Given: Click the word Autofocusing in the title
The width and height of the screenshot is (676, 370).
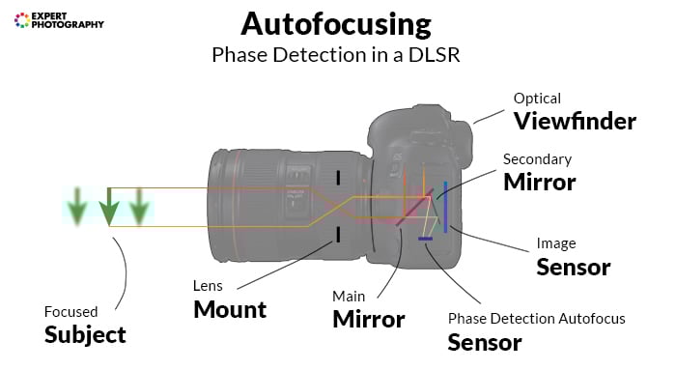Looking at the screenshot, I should (x=337, y=23).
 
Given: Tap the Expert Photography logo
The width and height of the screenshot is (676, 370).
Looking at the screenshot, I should (x=59, y=19).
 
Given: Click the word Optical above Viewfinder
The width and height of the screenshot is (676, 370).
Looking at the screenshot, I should (x=537, y=99).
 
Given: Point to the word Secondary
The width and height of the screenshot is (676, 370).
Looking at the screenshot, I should (x=537, y=159).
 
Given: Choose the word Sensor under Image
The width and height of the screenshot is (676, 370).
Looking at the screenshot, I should (x=573, y=267).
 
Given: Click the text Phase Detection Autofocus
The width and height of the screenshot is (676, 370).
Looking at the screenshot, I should (x=536, y=318).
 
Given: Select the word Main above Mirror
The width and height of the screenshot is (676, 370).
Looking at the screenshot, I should (x=349, y=296).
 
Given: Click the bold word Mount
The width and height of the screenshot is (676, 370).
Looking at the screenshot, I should (x=229, y=309).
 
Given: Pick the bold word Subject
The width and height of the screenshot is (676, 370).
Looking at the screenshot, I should (x=85, y=334).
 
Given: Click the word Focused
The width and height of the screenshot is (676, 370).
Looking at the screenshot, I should (x=70, y=311).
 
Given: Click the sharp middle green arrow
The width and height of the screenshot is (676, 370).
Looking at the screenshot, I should (x=110, y=207).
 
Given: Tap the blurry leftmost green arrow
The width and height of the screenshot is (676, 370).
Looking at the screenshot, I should (x=75, y=207).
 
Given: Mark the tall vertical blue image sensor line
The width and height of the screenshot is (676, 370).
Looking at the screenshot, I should (x=444, y=206).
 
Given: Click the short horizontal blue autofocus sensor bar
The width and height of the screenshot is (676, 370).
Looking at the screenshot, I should (x=424, y=238).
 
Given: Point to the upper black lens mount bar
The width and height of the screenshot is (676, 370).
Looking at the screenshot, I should (x=338, y=178).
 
